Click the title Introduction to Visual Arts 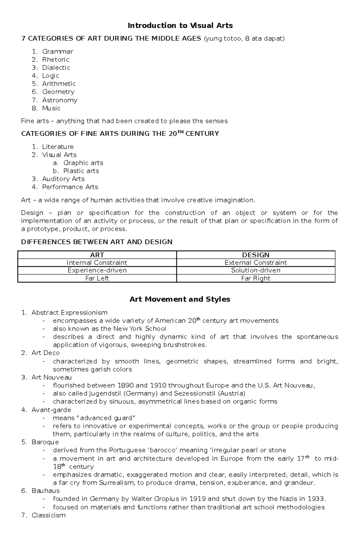point(180,25)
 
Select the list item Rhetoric point(55,60)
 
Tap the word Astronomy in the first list point(59,100)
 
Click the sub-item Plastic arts point(81,171)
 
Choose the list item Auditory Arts point(63,179)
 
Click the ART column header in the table point(97,255)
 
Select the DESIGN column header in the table point(256,255)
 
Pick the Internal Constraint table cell point(97,263)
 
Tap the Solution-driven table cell point(256,270)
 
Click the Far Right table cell point(256,278)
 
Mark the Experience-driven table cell point(97,270)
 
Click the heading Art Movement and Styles point(180,299)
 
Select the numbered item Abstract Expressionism point(69,313)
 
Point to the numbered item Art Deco point(46,353)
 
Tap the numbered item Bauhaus point(45,491)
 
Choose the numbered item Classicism point(48,515)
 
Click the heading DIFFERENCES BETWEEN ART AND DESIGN point(97,242)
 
